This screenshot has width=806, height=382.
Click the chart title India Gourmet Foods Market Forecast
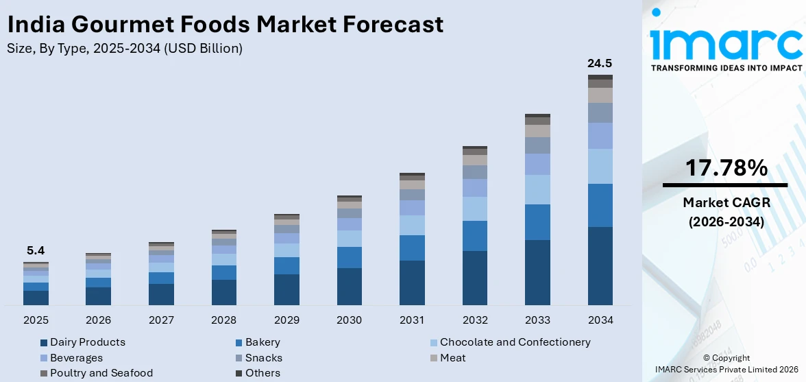[x=225, y=25]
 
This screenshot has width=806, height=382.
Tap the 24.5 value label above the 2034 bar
[x=600, y=64]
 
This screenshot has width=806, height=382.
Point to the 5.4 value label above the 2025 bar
[x=35, y=251]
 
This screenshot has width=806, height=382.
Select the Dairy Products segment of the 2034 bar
[x=600, y=265]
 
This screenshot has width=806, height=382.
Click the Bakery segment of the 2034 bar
[x=600, y=205]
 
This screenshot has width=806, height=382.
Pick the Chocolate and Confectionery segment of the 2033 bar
[x=537, y=189]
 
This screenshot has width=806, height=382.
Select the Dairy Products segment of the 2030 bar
[x=349, y=286]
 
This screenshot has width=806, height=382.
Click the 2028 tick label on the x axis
[x=223, y=320]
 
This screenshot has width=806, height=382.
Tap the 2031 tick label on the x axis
[x=412, y=320]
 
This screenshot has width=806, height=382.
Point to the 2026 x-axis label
[x=98, y=320]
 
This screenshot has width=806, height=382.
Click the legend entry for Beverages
[x=76, y=357]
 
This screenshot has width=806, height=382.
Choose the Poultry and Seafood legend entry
[x=101, y=373]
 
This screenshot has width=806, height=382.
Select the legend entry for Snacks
[x=263, y=357]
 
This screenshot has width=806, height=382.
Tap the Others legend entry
[x=262, y=373]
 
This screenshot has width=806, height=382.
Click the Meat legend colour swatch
[x=433, y=358]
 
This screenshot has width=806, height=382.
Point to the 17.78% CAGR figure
[x=724, y=168]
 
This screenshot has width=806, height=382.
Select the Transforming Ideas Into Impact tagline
[x=726, y=69]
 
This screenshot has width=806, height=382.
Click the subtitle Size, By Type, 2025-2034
[x=124, y=49]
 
